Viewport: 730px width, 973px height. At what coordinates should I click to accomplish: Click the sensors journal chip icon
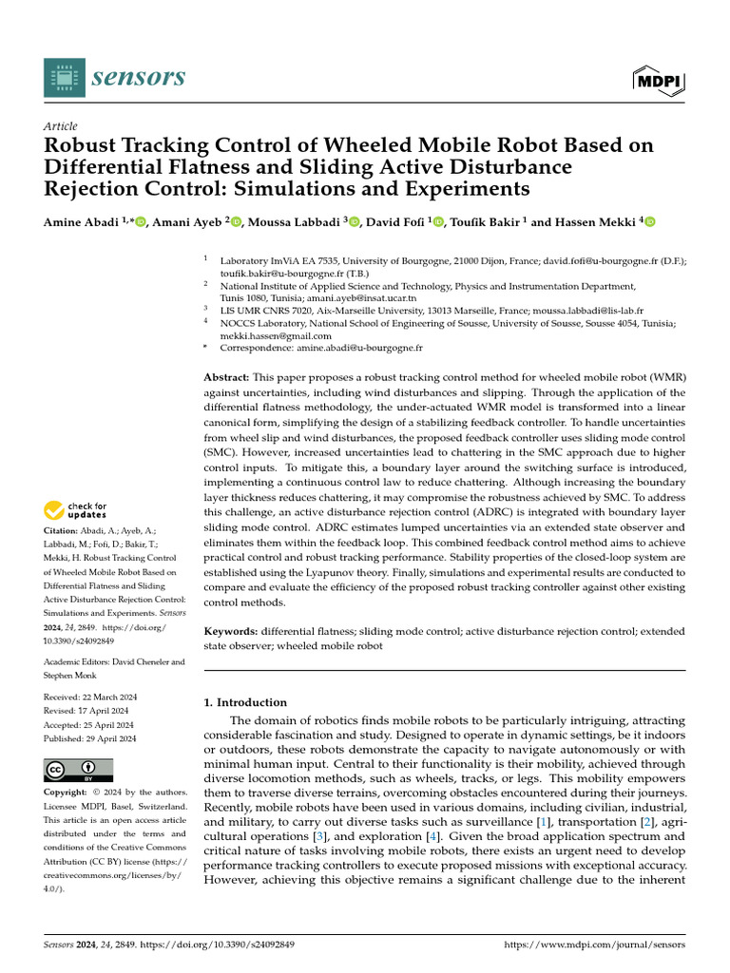coord(64,77)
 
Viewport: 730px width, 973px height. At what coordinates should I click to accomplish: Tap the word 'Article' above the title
coord(61,126)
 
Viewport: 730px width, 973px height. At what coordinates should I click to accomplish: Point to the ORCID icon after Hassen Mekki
coord(651,222)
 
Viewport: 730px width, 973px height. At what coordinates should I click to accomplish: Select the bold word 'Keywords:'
coord(231,631)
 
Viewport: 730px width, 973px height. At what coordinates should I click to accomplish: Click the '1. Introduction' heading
coord(246,702)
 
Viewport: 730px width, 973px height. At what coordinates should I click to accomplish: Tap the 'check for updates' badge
coord(76,511)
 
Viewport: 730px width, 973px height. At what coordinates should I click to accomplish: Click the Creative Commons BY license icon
coord(78,770)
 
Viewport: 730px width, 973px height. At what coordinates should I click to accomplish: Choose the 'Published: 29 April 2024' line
coord(90,738)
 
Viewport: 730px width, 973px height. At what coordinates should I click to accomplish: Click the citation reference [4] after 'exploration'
coord(407,836)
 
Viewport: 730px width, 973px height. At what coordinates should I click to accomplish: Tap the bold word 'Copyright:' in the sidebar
coord(66,792)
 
